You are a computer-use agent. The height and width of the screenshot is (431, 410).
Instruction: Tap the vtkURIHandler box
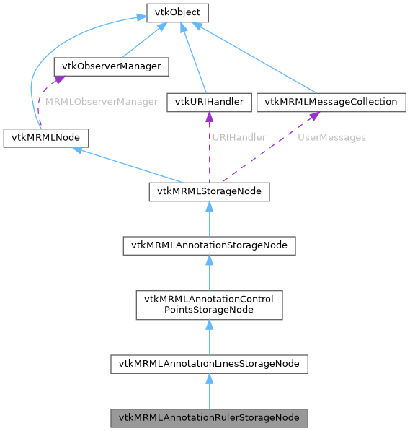pyautogui.click(x=209, y=102)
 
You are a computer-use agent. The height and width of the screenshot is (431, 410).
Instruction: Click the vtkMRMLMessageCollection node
pyautogui.click(x=331, y=102)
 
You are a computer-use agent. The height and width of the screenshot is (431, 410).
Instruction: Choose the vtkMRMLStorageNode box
pyautogui.click(x=209, y=191)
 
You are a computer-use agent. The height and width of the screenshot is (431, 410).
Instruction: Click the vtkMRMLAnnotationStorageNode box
pyautogui.click(x=209, y=245)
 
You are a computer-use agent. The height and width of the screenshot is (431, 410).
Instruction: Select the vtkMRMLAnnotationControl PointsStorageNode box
pyautogui.click(x=209, y=305)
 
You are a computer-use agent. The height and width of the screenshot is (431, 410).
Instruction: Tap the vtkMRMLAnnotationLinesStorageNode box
pyautogui.click(x=209, y=364)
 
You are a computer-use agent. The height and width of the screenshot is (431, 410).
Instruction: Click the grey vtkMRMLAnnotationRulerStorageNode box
pyautogui.click(x=209, y=418)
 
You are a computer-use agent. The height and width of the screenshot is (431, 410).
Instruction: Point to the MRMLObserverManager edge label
pyautogui.click(x=101, y=102)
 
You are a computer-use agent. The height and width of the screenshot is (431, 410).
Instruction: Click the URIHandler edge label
pyautogui.click(x=239, y=137)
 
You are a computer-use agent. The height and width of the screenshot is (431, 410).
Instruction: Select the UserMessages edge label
pyautogui.click(x=331, y=137)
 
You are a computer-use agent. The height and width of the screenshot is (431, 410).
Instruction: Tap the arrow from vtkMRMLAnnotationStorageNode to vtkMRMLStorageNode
pyautogui.click(x=209, y=220)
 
